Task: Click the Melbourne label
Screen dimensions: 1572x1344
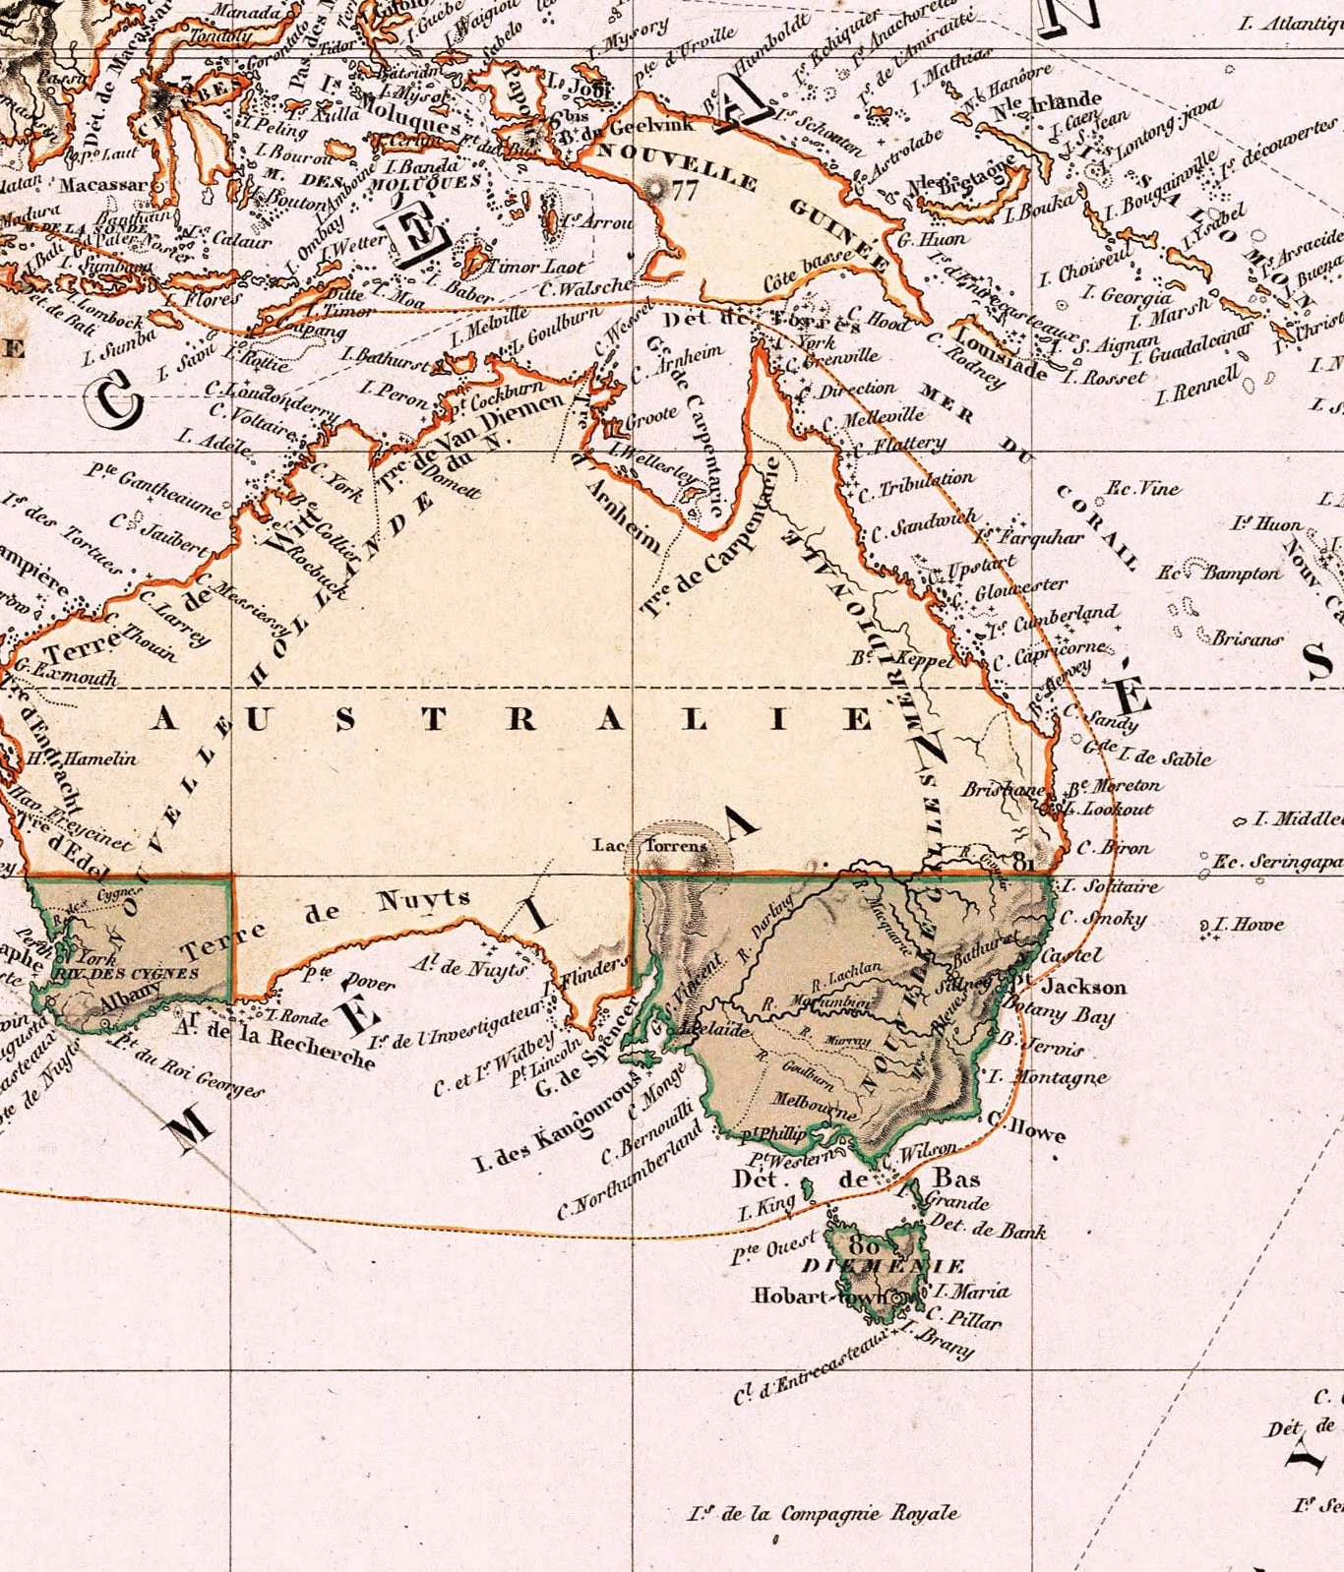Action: [815, 1104]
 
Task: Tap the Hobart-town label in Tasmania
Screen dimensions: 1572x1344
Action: [823, 1297]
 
